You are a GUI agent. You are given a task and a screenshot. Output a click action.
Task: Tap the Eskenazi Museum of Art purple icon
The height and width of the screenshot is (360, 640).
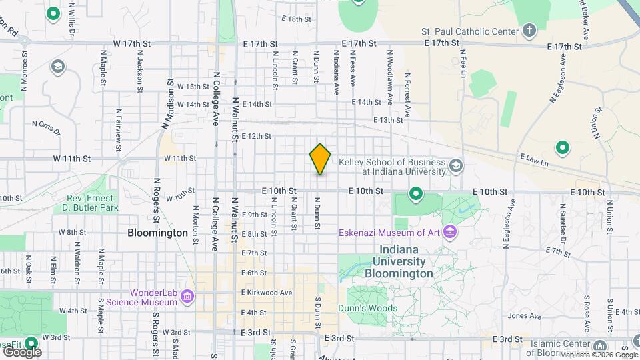pyautogui.click(x=450, y=233)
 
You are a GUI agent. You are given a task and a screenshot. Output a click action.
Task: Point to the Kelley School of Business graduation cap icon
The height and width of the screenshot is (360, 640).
pyautogui.click(x=456, y=165)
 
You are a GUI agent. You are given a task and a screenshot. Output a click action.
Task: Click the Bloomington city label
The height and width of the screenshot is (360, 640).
pyautogui.click(x=157, y=233)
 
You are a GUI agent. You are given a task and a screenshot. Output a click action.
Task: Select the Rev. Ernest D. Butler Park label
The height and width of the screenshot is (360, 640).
pyautogui.click(x=93, y=203)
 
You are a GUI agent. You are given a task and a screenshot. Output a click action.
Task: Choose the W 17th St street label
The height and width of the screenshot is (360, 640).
pyautogui.click(x=132, y=43)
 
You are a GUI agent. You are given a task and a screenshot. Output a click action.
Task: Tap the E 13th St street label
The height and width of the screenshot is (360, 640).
pyautogui.click(x=388, y=120)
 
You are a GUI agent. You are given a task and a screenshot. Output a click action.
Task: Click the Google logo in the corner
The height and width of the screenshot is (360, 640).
pyautogui.click(x=22, y=351)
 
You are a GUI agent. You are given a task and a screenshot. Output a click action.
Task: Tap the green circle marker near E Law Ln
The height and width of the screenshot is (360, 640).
pyautogui.click(x=562, y=148)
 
